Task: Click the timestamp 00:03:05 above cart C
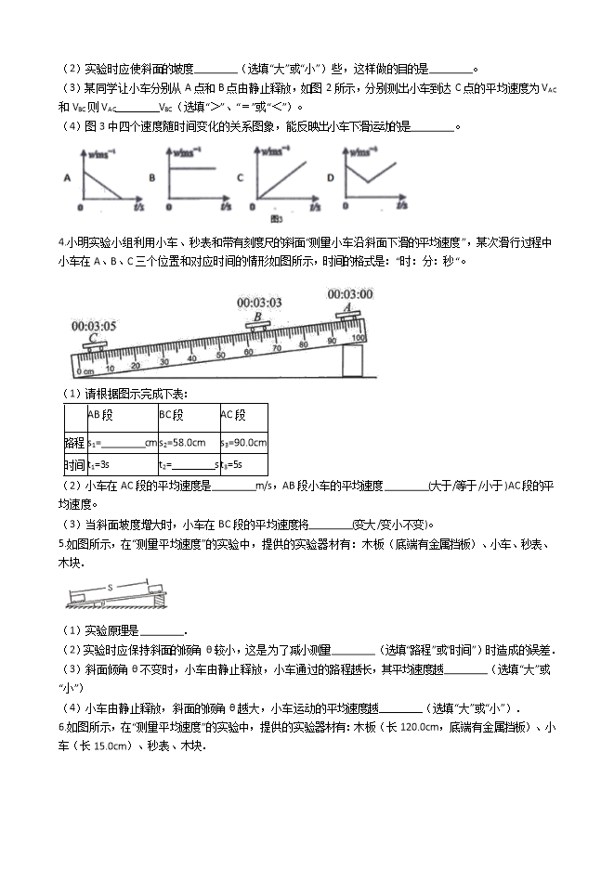[94, 325]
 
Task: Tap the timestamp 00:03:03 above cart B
[259, 302]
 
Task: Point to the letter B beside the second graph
[152, 176]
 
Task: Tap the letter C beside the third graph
[240, 176]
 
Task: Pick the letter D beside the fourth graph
[330, 176]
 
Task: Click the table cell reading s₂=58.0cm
[188, 442]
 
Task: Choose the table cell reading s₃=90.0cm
[243, 442]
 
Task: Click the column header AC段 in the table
[233, 415]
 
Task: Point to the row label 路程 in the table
[74, 442]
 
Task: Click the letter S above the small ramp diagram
[109, 588]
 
